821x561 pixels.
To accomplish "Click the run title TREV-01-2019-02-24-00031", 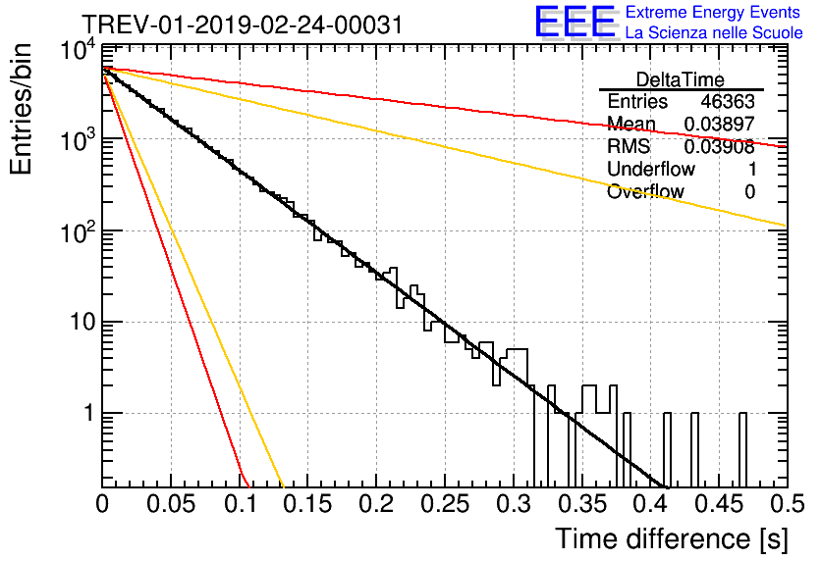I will [242, 25].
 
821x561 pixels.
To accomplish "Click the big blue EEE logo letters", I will [575, 23].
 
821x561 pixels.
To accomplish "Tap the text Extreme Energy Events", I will [713, 13].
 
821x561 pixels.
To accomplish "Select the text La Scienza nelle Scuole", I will [714, 33].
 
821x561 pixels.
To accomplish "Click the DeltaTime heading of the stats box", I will [681, 78].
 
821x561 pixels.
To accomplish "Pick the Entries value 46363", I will [728, 102].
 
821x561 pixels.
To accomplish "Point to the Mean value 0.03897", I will [719, 125].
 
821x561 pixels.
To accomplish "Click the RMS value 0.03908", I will [719, 147].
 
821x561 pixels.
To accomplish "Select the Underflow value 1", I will [750, 170].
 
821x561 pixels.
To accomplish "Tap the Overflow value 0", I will [750, 192].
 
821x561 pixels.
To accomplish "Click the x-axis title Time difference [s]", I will [671, 538].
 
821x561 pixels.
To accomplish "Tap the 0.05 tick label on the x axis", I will [171, 506].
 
